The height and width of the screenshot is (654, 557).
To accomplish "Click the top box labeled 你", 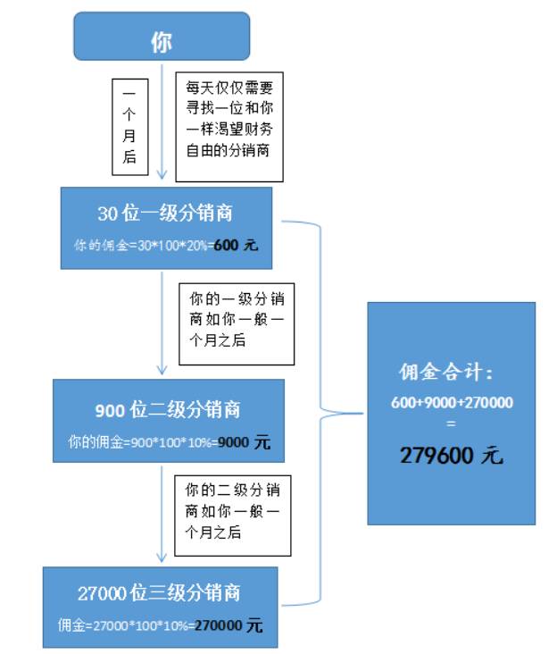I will [x=161, y=41].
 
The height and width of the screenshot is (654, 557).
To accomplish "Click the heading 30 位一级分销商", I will [x=165, y=214].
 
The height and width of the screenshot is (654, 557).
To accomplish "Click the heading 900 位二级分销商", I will [x=168, y=410].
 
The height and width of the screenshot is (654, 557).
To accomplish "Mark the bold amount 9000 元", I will [x=244, y=441].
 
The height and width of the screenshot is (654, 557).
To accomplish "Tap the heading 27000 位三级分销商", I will [x=159, y=593].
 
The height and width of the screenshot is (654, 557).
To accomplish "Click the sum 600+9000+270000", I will [x=452, y=403].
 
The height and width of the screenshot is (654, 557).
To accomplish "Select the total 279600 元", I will [x=451, y=455].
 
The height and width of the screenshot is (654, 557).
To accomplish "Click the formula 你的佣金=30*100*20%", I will [x=143, y=244].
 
